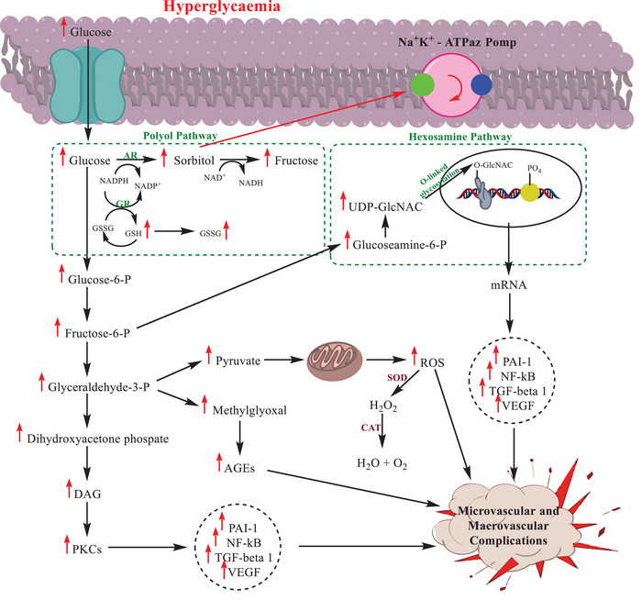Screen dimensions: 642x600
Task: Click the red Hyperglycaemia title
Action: coord(222,6)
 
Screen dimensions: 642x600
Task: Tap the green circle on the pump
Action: coord(422,84)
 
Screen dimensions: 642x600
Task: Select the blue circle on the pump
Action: coord(481,84)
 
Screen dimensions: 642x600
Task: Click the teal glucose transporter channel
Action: coord(87,85)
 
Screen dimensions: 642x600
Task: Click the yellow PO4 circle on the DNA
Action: coord(530,193)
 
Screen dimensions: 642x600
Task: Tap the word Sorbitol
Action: coord(194,161)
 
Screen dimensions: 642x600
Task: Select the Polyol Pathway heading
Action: coord(180,136)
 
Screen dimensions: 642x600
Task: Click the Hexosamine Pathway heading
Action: coord(460,137)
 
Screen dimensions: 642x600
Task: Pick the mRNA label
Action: coord(508,284)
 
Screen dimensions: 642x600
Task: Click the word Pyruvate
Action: coord(238,361)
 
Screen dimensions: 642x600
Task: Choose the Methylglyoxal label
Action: coord(249,410)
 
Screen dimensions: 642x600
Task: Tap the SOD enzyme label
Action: coord(397,378)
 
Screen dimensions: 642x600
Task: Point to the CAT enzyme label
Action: coord(371,428)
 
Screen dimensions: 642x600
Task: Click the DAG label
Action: coord(88,494)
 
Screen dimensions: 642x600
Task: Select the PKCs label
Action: coord(87,550)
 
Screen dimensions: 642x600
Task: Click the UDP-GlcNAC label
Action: coord(385,206)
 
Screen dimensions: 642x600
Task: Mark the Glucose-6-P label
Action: coord(99,280)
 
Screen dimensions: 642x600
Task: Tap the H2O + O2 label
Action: coord(382,463)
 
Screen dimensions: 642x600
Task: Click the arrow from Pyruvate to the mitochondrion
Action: coord(283,361)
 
